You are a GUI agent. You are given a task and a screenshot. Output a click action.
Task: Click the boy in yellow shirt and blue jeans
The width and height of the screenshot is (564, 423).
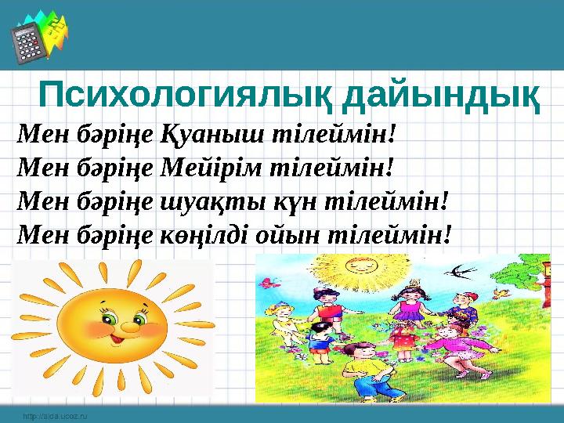(x=361, y=387)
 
